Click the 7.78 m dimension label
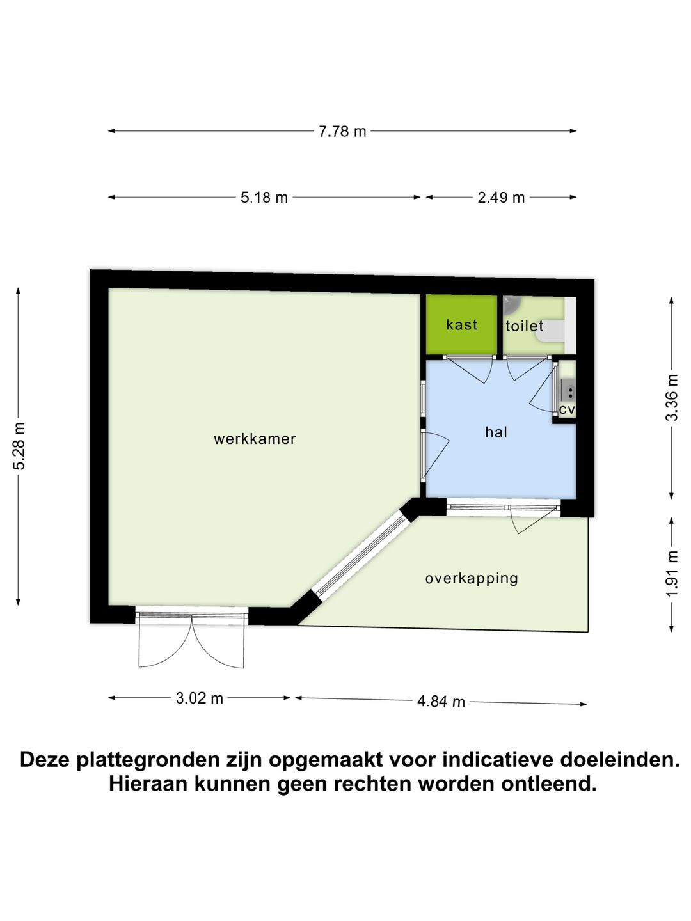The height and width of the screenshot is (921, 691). click(x=342, y=132)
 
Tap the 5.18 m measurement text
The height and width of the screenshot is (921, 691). click(x=264, y=198)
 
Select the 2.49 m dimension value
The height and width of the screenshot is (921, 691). click(x=501, y=198)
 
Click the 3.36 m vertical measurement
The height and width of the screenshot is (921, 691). click(x=672, y=397)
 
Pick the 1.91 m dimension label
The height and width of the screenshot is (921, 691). click(x=672, y=574)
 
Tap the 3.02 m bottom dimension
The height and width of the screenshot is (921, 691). click(x=200, y=698)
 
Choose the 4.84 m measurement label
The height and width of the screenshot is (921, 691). click(x=441, y=702)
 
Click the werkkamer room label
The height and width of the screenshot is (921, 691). click(x=255, y=439)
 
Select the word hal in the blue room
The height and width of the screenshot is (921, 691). click(x=496, y=432)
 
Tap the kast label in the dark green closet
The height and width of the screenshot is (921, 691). click(x=461, y=325)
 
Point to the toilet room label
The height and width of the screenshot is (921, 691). click(x=525, y=326)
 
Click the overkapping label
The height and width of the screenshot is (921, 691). click(x=472, y=578)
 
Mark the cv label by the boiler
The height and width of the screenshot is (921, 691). click(x=567, y=409)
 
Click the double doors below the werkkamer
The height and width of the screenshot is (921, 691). click(x=191, y=640)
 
